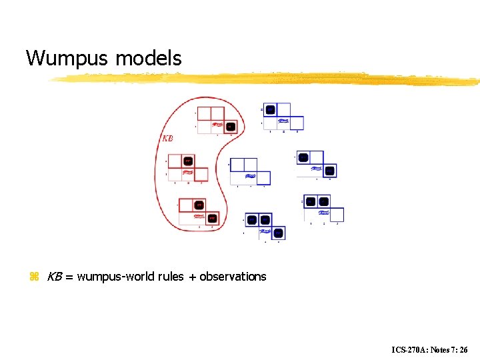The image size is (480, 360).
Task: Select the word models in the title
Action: (148, 59)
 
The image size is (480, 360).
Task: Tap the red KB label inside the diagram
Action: (168, 139)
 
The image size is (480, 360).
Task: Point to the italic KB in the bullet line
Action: (54, 276)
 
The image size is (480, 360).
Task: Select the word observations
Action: (233, 276)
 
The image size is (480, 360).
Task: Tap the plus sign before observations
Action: (192, 277)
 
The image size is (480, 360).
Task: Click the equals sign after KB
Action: (69, 277)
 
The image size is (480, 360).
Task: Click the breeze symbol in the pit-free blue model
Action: (250, 177)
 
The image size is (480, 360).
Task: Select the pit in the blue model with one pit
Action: (270, 109)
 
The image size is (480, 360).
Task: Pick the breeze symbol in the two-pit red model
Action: (199, 215)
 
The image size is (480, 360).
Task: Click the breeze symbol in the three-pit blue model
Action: (265, 231)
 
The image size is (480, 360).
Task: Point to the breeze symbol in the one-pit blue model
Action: (283, 121)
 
